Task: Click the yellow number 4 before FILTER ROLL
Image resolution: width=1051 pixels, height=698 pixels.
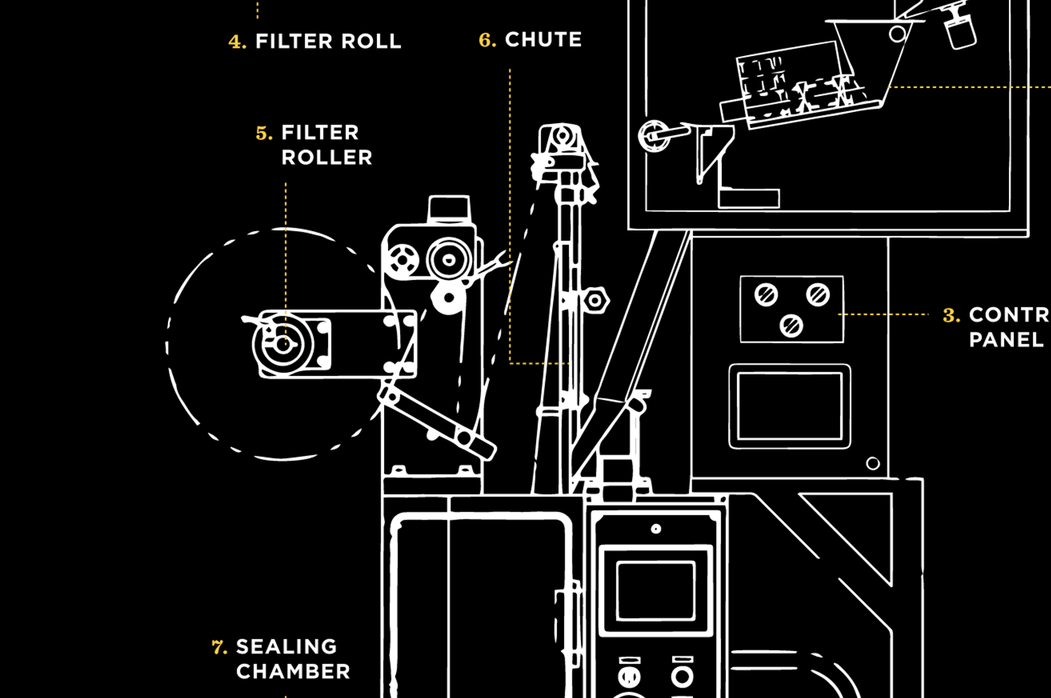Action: [237, 42]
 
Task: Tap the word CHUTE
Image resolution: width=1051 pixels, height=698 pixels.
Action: [543, 40]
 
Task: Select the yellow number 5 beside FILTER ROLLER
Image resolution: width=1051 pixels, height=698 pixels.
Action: [263, 133]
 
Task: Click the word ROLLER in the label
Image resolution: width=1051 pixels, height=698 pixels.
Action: [327, 158]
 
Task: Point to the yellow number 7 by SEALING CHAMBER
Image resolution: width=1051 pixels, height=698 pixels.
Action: [219, 647]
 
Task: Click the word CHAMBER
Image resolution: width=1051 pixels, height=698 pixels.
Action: [293, 671]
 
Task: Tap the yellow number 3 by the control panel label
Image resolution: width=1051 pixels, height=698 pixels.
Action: [951, 315]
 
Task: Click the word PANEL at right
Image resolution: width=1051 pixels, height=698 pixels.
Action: [1006, 340]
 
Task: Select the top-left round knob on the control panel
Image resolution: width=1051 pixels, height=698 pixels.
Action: [766, 295]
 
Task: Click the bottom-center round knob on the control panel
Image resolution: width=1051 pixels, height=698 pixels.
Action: [792, 325]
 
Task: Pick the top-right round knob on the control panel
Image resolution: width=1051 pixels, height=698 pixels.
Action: [818, 295]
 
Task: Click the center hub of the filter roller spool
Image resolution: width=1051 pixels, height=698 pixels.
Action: [282, 344]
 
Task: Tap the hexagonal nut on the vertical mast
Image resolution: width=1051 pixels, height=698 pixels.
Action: [595, 300]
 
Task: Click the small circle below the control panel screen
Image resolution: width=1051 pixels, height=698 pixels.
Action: [872, 463]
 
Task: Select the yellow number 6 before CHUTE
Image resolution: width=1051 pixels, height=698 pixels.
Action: [487, 40]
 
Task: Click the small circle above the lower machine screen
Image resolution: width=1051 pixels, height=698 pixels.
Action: [656, 529]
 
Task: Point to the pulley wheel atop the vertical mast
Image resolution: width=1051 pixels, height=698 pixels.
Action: [561, 137]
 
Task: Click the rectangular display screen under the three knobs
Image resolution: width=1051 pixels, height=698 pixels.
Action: [790, 406]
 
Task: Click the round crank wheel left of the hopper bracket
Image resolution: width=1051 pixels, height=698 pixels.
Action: [653, 134]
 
